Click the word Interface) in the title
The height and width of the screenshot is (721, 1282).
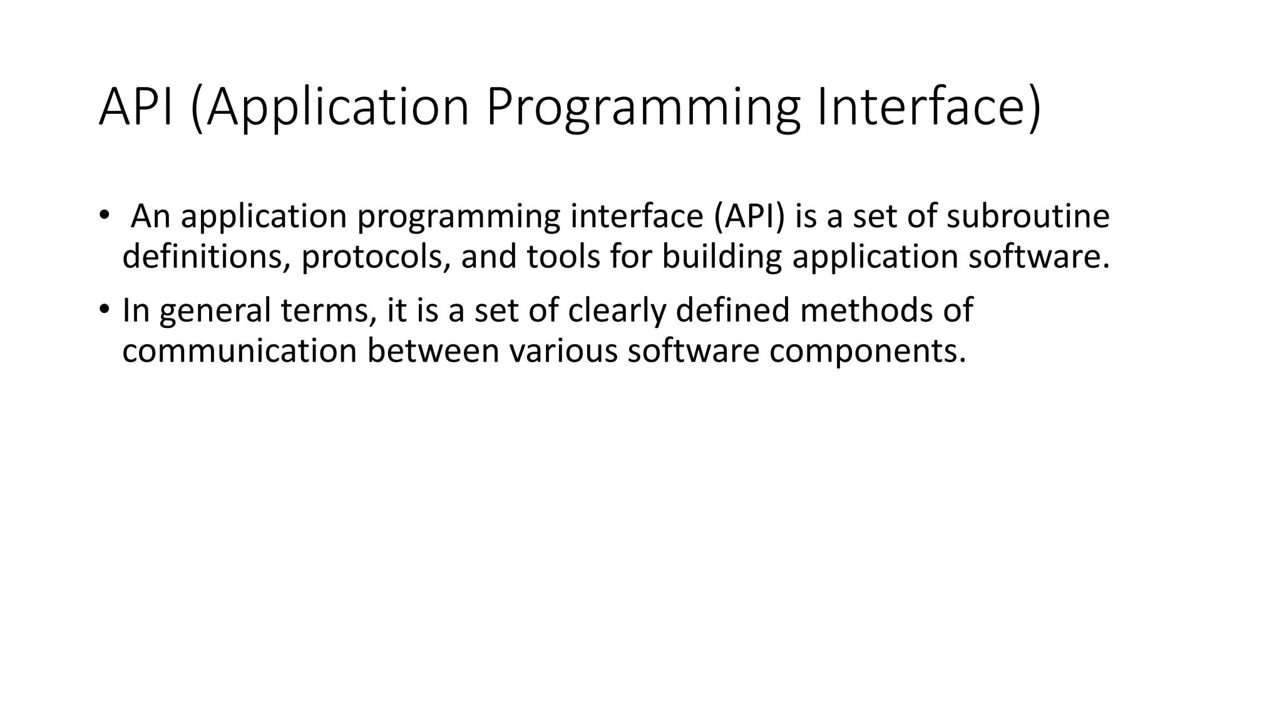coord(929,108)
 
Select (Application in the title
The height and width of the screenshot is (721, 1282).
coord(329,108)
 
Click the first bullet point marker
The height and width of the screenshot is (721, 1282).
coord(103,215)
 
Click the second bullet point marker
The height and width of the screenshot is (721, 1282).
coord(103,310)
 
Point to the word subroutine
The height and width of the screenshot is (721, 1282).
coord(1028,216)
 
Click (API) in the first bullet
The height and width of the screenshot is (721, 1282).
coord(748,216)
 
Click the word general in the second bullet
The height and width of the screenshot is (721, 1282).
coord(215,311)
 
